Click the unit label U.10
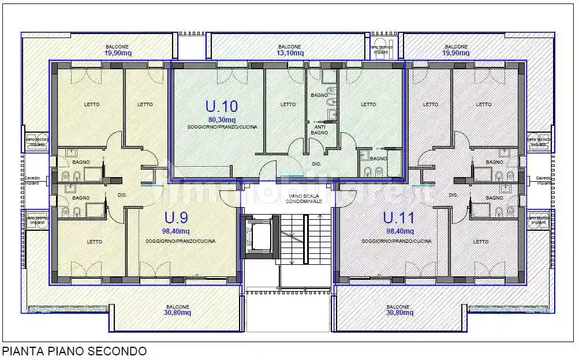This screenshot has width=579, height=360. pos(222,106)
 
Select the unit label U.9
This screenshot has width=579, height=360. pos(176,217)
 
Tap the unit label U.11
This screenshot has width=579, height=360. pos(396,217)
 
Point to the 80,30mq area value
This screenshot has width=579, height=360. pos(222,119)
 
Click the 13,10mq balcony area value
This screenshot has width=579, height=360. pos(289,53)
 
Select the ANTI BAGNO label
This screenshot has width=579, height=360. pos(320,129)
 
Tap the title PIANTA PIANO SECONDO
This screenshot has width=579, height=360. pos(74,351)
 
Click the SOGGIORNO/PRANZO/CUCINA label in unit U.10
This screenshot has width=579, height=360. pos(222,126)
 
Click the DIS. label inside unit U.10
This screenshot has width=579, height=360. pos(316,164)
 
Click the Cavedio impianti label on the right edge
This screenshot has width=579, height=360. pos(544,181)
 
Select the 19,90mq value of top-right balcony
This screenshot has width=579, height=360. pos(456,53)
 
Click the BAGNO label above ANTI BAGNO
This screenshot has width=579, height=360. pos(319,95)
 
